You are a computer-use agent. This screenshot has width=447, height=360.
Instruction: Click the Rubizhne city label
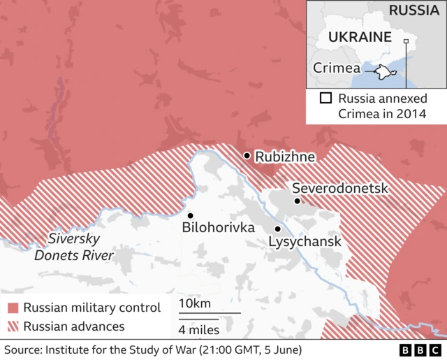(285, 157)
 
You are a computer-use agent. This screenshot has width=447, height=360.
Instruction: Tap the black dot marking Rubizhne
(247, 155)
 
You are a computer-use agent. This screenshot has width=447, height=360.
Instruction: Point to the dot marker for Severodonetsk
(298, 201)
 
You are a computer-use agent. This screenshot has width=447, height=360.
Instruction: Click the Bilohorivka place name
(218, 227)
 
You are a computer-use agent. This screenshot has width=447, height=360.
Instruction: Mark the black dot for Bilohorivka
(190, 215)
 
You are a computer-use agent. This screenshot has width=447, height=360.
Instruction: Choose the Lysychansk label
(305, 242)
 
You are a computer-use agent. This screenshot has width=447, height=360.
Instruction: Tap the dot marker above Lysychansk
(277, 229)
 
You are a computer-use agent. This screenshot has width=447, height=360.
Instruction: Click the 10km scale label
(194, 303)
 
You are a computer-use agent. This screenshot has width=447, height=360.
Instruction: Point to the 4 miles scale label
(199, 330)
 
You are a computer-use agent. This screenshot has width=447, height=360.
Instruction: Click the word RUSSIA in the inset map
(414, 10)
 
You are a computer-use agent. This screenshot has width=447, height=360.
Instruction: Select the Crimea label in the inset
(337, 68)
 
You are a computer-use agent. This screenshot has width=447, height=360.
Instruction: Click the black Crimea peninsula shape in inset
(381, 71)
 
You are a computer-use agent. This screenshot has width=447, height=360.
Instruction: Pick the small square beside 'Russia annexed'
(325, 99)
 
